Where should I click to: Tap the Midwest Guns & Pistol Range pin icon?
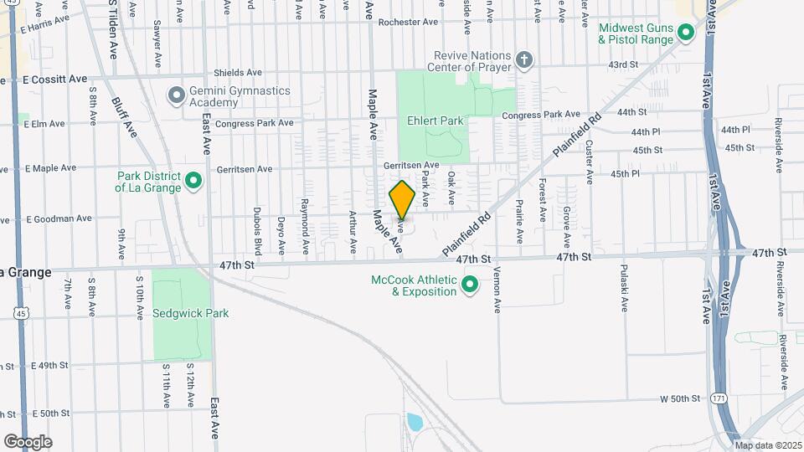click(686, 33)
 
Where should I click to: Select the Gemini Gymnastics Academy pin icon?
click(176, 95)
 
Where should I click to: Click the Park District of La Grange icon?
click(193, 181)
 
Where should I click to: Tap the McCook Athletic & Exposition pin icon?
click(470, 285)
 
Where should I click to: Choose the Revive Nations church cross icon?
click(524, 59)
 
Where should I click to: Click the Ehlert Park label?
click(435, 121)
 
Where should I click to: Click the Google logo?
click(28, 441)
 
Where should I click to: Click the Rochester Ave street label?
click(408, 23)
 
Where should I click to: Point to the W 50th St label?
click(679, 398)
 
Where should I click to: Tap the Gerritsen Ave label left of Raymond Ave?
click(245, 168)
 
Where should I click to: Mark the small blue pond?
click(413, 421)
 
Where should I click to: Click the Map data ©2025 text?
click(768, 444)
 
